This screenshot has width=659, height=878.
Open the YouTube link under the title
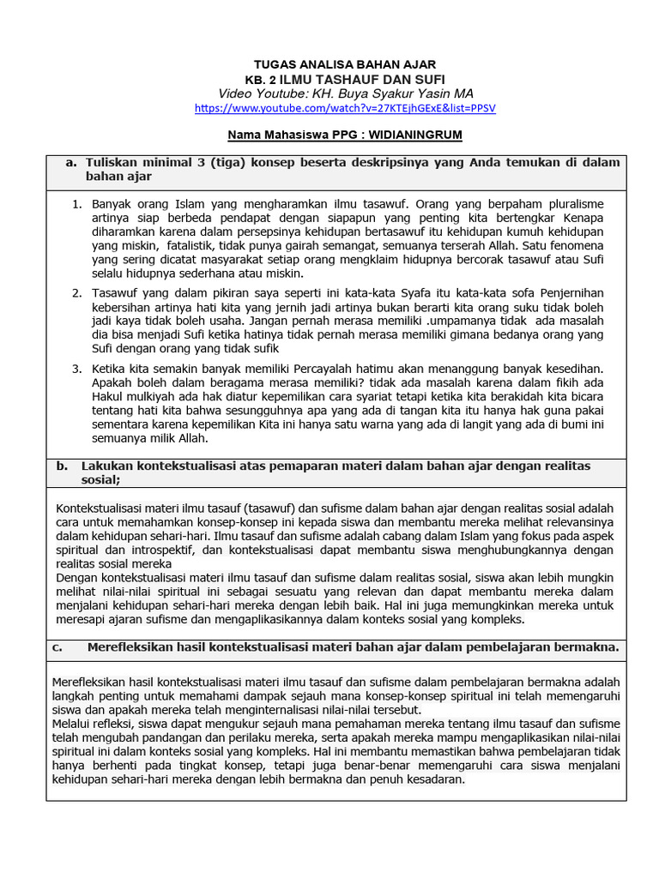pyautogui.click(x=345, y=109)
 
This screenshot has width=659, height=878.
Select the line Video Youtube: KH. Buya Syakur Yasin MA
pyautogui.click(x=345, y=93)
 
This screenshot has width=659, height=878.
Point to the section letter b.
pyautogui.click(x=61, y=466)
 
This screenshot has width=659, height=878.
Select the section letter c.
pyautogui.click(x=57, y=647)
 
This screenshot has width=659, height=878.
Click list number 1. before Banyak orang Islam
pyautogui.click(x=76, y=204)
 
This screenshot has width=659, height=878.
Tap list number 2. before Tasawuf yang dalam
pyautogui.click(x=76, y=293)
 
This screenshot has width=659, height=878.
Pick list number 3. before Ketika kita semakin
pyautogui.click(x=76, y=369)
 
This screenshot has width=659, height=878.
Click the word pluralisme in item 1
pyautogui.click(x=572, y=204)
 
